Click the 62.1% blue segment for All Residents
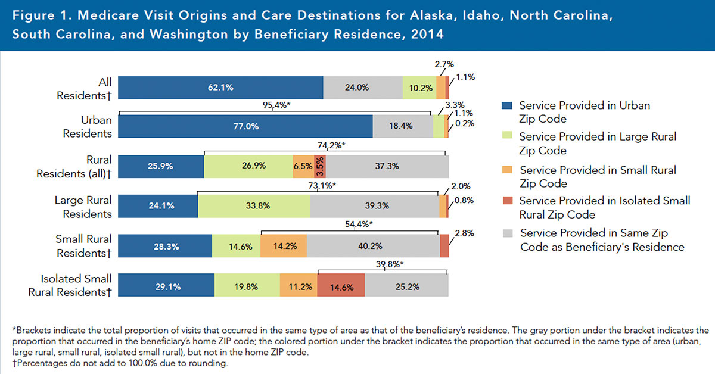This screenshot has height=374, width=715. point(220,88)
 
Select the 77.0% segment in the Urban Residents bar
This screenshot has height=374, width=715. point(245,127)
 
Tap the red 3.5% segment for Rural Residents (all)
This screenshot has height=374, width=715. point(319,166)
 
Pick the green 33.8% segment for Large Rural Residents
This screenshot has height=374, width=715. point(253,205)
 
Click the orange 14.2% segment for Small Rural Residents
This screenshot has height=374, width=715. point(283,245)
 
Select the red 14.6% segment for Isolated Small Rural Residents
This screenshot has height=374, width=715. point(341,285)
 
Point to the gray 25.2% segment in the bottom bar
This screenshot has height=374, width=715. point(406,285)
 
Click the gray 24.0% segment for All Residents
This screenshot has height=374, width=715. point(363,88)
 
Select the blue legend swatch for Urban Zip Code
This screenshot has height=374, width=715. point(506,105)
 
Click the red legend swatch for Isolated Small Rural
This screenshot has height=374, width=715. point(506,201)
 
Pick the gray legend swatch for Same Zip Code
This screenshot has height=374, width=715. point(506,232)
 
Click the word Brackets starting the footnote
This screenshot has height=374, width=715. point(33,329)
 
